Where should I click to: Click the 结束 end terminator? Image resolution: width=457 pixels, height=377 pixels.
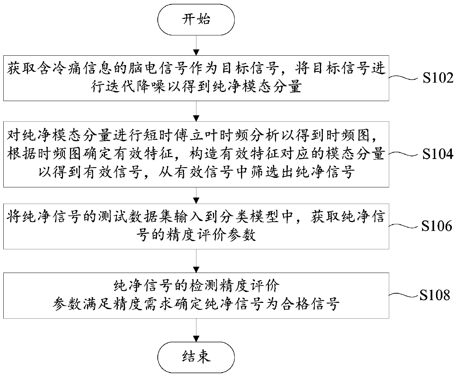coord(196,356)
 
